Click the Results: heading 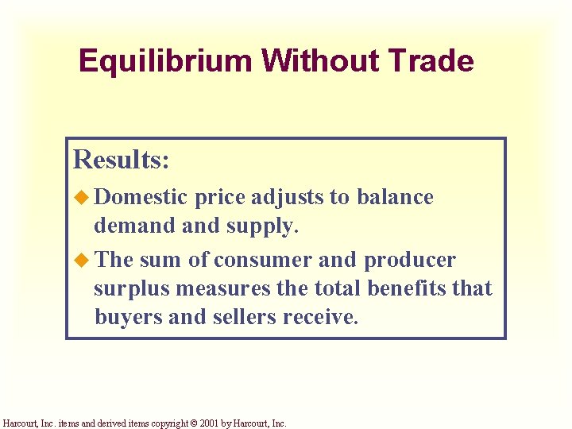tap(121, 159)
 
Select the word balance tap(395, 197)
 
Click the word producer tap(409, 261)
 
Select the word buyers tap(129, 317)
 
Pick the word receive tap(324, 317)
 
